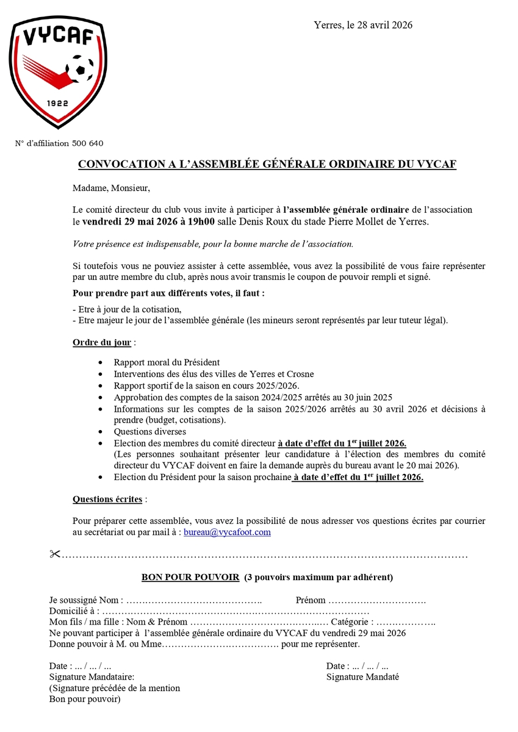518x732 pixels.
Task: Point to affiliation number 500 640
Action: (87, 143)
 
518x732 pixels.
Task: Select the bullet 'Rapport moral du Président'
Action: (167, 362)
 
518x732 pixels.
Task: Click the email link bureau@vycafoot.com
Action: (227, 532)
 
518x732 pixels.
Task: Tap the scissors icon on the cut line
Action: (54, 554)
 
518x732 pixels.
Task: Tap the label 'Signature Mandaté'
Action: (362, 677)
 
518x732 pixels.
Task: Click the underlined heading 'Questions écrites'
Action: (107, 499)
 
